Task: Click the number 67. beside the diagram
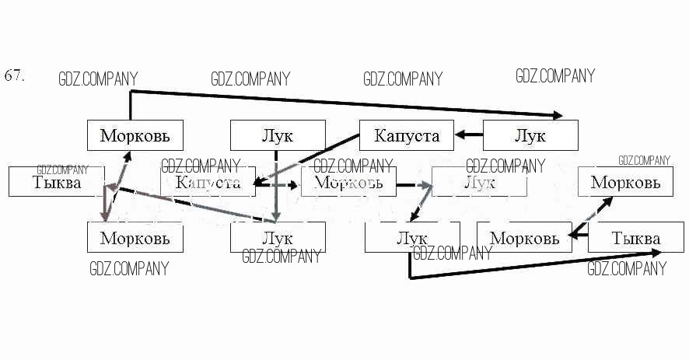pyautogui.click(x=15, y=75)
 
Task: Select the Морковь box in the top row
pyautogui.click(x=134, y=135)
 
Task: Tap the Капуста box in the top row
pyautogui.click(x=406, y=135)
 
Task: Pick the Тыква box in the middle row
pyautogui.click(x=56, y=182)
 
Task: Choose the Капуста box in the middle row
pyautogui.click(x=207, y=183)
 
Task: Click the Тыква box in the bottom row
pyautogui.click(x=635, y=237)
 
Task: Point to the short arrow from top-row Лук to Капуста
pyautogui.click(x=469, y=135)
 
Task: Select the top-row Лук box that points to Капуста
pyautogui.click(x=530, y=135)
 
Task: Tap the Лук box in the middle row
pyautogui.click(x=479, y=182)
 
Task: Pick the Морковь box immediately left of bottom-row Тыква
pyautogui.click(x=524, y=237)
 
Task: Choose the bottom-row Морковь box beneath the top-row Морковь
pyautogui.click(x=134, y=237)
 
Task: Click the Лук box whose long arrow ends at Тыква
pyautogui.click(x=411, y=237)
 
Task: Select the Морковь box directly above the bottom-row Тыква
pyautogui.click(x=625, y=182)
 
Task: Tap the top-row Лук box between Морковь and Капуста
pyautogui.click(x=278, y=135)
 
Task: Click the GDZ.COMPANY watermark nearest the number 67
pyautogui.click(x=98, y=79)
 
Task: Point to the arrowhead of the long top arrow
pyautogui.click(x=558, y=116)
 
